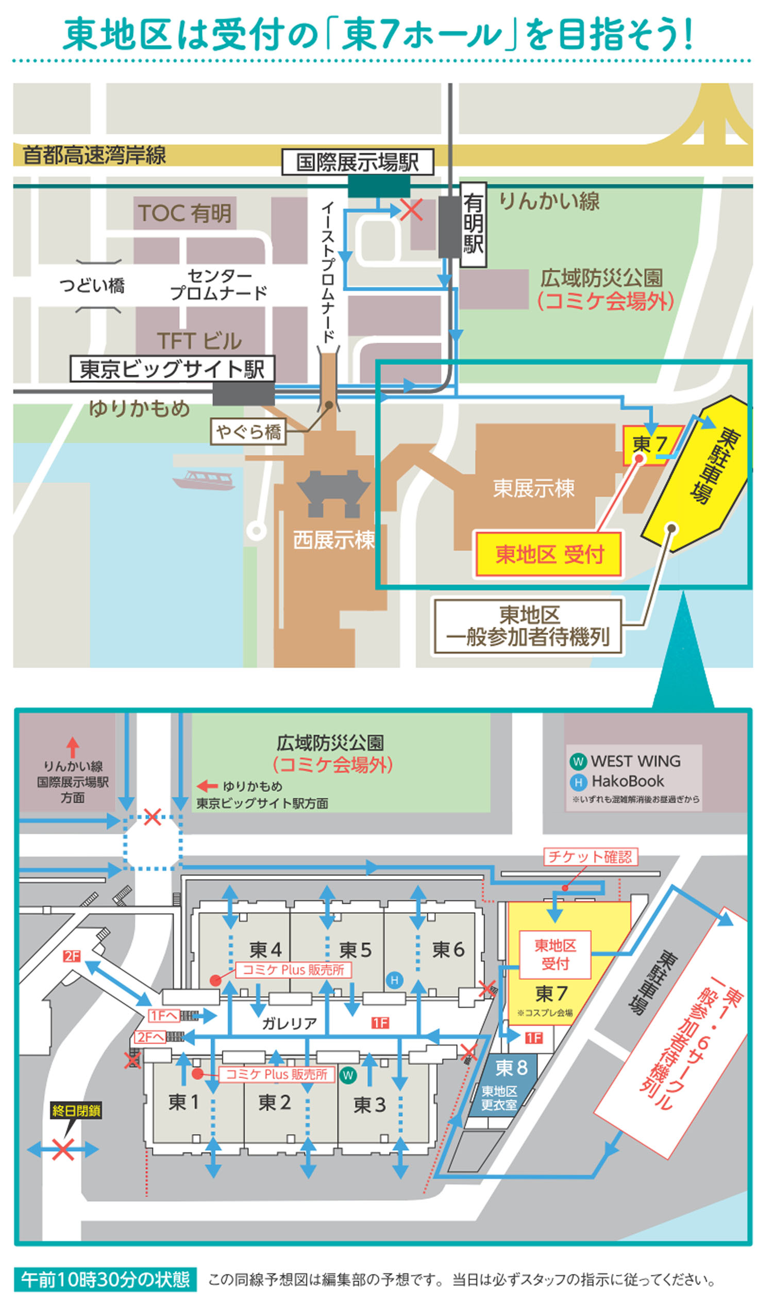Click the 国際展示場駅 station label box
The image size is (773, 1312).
358,162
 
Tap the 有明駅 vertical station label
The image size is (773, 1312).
474,225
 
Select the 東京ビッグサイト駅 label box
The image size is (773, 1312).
173,369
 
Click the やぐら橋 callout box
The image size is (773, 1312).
248,432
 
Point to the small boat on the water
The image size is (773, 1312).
204,480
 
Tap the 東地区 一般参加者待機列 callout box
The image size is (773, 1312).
528,626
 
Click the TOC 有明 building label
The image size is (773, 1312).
185,213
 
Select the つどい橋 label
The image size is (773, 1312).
93,286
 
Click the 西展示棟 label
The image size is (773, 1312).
334,540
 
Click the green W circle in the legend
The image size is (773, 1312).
578,762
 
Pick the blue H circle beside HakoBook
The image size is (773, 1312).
578,781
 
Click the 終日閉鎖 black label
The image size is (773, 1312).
76,1111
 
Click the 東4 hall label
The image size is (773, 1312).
265,950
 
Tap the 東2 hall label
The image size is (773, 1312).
275,1102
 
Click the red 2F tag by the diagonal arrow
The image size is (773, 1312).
72,956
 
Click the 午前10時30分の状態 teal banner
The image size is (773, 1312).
106,1279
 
